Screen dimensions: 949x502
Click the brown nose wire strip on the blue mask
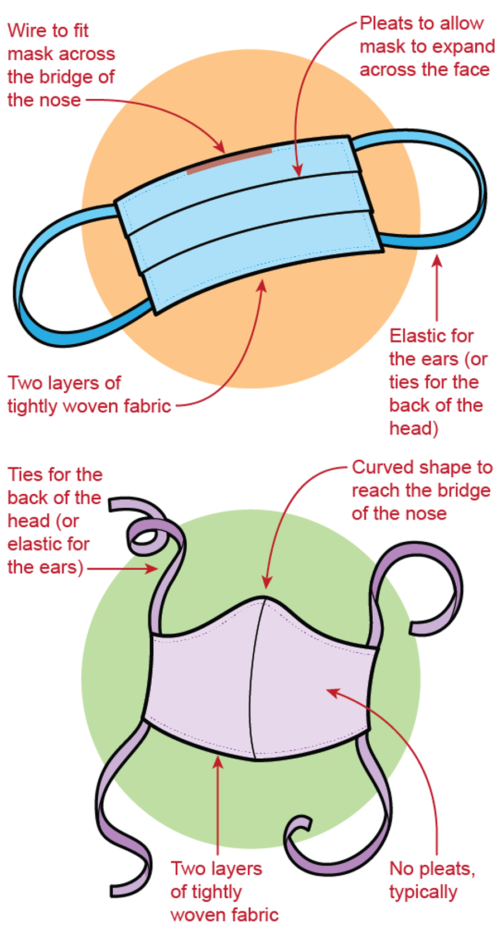pos(229,161)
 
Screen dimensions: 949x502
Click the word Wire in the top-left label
pos(24,31)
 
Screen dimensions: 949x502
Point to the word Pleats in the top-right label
pos(387,23)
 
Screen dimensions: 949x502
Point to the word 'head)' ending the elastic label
pos(413,428)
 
